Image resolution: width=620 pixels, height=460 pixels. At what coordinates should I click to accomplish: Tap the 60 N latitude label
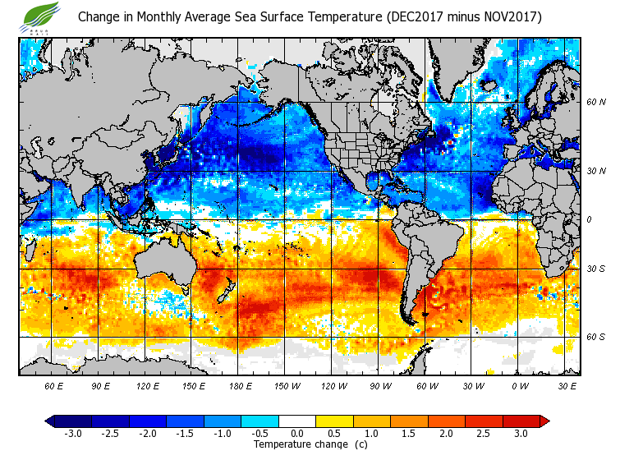point(595,102)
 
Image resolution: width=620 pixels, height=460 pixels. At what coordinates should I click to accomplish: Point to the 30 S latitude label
point(595,269)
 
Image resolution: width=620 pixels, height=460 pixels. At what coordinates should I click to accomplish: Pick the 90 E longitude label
point(101,385)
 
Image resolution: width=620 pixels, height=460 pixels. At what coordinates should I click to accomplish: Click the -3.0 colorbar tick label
point(72,433)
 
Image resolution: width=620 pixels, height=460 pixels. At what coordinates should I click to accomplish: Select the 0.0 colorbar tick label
point(297,433)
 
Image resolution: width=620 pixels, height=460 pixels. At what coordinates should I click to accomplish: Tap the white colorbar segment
point(297,421)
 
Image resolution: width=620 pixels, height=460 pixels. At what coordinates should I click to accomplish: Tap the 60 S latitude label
point(595,337)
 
